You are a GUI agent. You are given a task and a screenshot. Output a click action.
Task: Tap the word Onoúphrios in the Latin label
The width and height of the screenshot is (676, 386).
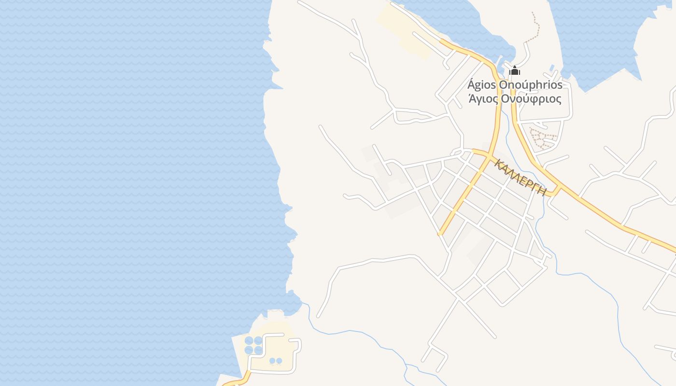[x=531, y=85]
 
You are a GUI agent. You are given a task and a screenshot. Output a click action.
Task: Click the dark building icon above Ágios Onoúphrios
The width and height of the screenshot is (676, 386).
[x=515, y=71]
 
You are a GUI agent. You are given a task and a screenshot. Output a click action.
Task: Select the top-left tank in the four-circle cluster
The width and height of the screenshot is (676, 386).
[x=249, y=341]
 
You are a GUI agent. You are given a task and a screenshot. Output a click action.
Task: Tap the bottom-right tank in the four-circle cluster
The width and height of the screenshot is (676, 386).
[x=258, y=350]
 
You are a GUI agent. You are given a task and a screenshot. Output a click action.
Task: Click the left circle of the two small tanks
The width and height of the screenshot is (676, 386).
[x=272, y=361]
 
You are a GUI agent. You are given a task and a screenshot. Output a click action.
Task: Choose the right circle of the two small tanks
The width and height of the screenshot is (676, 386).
[x=279, y=361]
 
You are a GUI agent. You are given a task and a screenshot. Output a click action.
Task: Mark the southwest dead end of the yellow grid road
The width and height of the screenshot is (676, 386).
[x=440, y=234]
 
